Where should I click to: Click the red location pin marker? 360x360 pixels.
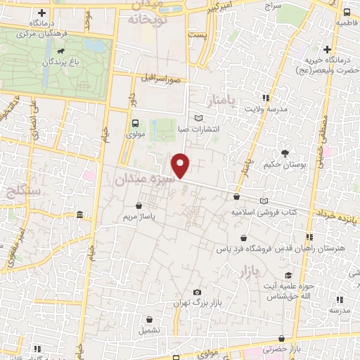click(181, 165)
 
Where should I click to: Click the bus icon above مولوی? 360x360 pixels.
click(134, 121)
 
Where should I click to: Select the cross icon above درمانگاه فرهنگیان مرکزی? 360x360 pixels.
click(41, 13)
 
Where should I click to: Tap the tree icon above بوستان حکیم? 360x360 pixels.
click(284, 153)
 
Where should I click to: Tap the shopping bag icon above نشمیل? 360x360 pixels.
click(148, 319)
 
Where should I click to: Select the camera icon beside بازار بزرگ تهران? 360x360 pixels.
click(197, 292)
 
